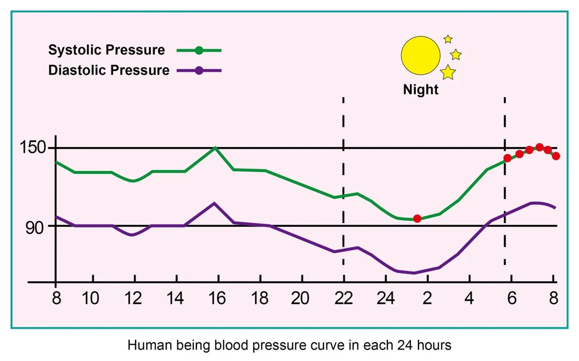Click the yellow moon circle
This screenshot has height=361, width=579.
420,55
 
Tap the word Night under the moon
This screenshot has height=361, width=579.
420,90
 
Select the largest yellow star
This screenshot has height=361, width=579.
448,72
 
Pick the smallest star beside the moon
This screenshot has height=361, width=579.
448,39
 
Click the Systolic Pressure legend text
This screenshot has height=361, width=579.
106,50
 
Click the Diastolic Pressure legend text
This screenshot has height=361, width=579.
109,70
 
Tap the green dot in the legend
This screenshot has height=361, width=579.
199,50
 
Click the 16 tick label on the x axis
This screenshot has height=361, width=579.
217,298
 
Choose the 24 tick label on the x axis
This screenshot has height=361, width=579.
386,298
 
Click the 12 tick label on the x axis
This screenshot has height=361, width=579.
134,298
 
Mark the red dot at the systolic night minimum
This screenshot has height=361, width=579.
417,218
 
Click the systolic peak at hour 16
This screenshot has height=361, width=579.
216,148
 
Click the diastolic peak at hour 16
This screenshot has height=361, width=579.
215,203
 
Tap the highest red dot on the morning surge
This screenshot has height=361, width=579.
539,147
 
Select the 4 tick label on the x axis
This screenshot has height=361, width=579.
469,298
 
